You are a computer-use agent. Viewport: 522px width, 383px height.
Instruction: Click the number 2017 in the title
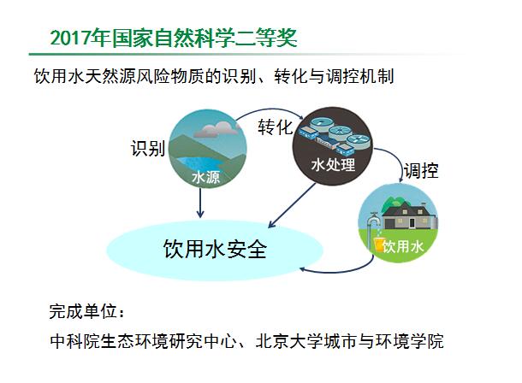point(70,38)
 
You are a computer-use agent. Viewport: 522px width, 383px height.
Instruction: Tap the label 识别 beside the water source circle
point(148,148)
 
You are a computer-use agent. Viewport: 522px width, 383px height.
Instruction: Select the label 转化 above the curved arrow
point(276,127)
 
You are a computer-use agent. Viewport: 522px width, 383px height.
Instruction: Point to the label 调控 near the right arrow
point(421,171)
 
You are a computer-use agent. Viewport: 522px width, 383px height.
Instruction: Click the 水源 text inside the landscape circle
point(205,177)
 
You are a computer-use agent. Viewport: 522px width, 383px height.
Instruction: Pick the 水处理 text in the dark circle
point(333,165)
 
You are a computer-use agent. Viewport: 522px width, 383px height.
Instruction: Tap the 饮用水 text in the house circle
point(402,247)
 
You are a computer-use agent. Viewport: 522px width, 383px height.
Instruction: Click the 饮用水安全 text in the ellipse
point(215,249)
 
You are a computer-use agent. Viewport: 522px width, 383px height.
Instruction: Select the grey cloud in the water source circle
point(217,129)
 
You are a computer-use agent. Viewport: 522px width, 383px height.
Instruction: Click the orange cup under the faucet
point(378,245)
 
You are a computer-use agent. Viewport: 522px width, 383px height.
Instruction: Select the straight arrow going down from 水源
point(200,203)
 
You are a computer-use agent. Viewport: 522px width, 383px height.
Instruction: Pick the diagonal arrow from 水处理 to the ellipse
point(292,205)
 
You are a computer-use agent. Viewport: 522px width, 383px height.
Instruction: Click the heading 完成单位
point(83,311)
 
